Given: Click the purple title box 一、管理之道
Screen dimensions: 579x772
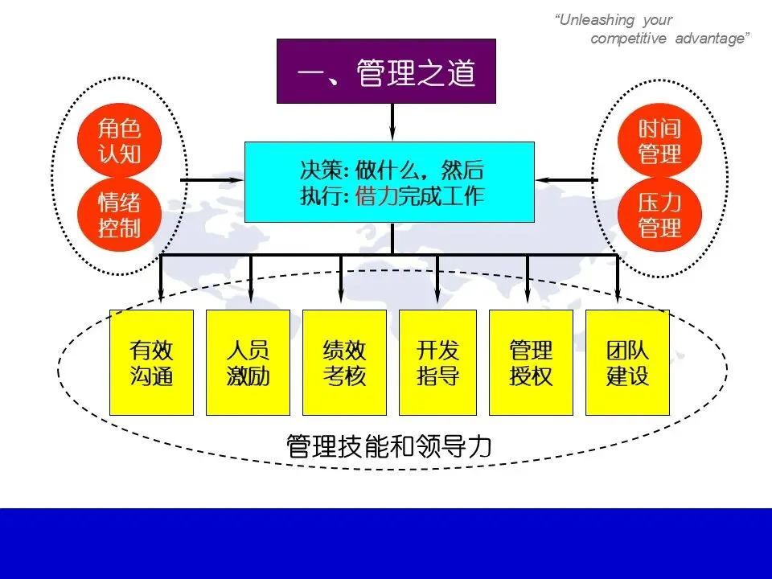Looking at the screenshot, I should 386,72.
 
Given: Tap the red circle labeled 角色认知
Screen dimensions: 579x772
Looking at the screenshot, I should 119,140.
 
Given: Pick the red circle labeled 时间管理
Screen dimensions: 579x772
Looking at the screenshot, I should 659,140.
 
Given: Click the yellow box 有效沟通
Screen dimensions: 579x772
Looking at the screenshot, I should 151,363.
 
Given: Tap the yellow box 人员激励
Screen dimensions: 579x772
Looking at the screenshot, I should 248,363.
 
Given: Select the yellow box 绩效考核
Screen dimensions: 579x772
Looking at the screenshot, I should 344,363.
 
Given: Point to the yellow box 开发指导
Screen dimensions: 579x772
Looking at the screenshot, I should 437,363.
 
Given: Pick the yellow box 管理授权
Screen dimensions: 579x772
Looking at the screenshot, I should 531,363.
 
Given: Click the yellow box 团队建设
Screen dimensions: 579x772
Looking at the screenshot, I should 627,363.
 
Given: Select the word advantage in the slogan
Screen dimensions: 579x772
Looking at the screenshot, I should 712,39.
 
